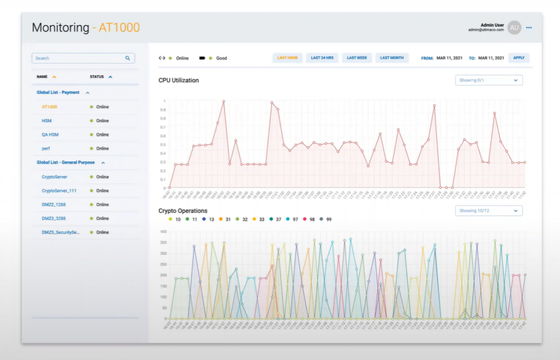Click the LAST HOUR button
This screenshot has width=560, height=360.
pos(287,58)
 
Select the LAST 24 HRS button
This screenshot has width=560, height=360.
pos(322,58)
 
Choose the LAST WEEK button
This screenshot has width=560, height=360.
pos(357,58)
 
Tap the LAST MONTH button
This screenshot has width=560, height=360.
pos(392,58)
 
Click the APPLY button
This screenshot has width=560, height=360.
pos(518,58)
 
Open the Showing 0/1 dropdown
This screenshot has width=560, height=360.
pos(488,80)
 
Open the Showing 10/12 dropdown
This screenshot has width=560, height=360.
pos(488,211)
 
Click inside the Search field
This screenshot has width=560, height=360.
pos(79,58)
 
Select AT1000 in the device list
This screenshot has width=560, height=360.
pos(49,107)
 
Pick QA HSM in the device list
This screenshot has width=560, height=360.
pos(49,135)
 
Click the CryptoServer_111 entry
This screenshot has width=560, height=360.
pos(59,191)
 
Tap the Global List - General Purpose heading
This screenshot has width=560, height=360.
pos(66,162)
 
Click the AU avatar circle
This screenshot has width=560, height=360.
pos(514,28)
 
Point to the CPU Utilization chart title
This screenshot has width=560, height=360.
pos(179,80)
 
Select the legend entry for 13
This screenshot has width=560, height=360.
pos(208,219)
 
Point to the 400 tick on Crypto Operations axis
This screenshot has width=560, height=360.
pos(162,231)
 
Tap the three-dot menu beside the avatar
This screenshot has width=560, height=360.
pos(529,28)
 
